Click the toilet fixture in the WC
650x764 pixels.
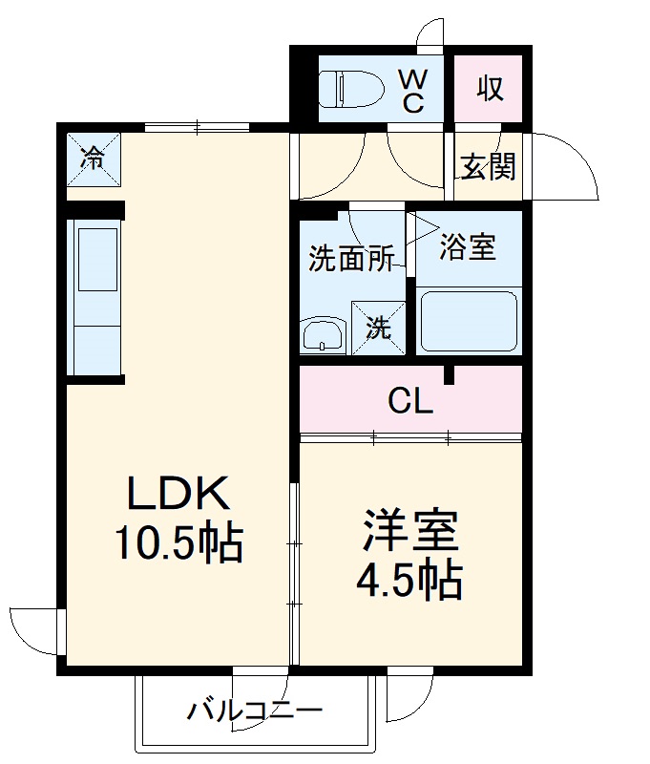point(350,89)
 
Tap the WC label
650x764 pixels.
point(413,91)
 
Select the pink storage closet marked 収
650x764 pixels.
point(489,89)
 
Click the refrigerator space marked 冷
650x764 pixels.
point(93,159)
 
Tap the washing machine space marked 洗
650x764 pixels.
point(378,328)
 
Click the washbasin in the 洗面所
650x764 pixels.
point(324,336)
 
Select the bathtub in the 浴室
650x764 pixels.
point(469,321)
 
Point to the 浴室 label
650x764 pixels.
point(468,246)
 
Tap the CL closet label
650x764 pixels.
point(410,402)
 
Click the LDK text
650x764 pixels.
point(178,493)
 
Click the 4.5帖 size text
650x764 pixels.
point(409,580)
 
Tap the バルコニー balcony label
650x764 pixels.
point(255,711)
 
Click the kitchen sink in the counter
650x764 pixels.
point(98,260)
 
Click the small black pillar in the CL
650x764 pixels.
point(449,375)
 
